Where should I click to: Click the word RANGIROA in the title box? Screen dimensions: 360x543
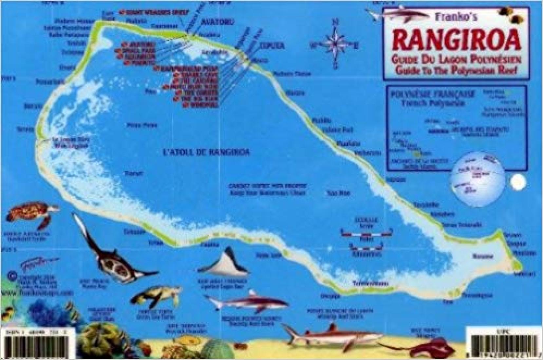(x=456, y=41)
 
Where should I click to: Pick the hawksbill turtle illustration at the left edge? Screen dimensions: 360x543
(x=31, y=214)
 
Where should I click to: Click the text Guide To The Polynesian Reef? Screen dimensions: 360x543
(x=456, y=70)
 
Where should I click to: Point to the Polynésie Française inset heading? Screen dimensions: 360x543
(x=432, y=94)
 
